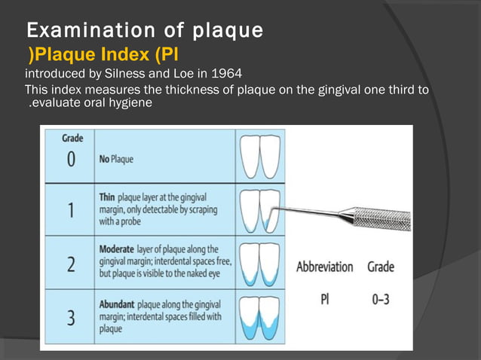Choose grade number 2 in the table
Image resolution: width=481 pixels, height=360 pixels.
click(70, 264)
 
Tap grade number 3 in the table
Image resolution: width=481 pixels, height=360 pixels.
click(70, 317)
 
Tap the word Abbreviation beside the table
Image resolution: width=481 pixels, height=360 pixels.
click(324, 267)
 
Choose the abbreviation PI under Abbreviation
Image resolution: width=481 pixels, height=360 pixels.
click(325, 299)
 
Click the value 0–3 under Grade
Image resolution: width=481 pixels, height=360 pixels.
click(381, 299)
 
